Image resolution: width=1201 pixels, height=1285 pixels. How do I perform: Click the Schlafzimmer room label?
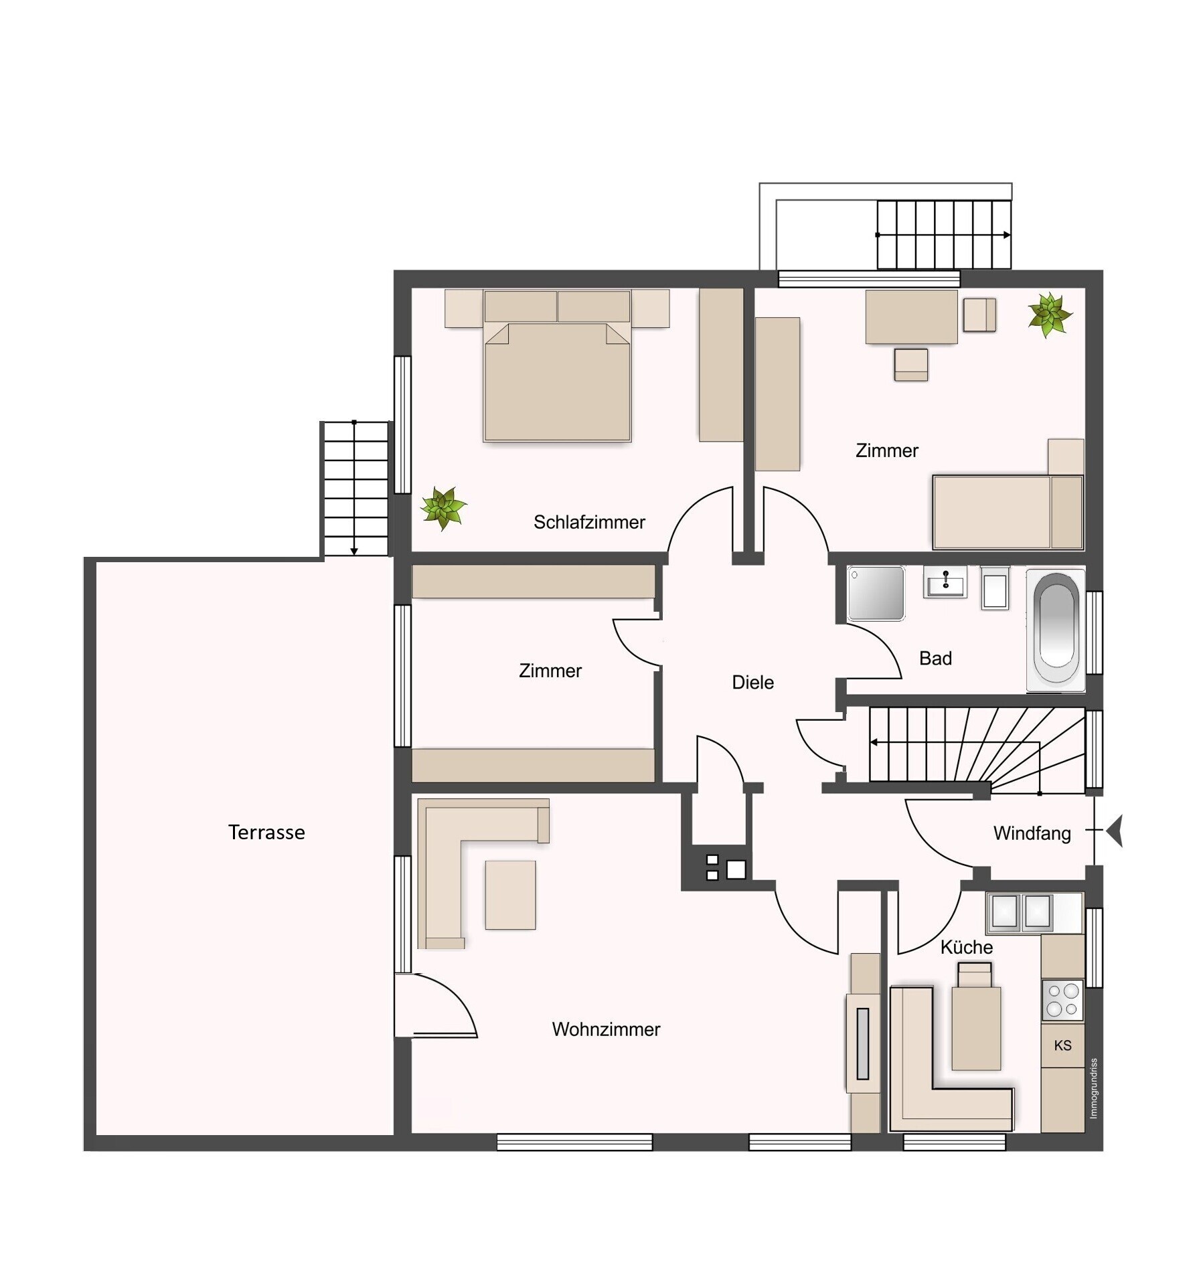point(589,522)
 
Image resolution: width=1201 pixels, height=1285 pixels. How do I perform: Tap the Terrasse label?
point(266,832)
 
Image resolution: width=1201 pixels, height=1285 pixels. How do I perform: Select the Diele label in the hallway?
point(752,682)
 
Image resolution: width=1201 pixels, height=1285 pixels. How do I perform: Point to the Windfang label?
point(1032,833)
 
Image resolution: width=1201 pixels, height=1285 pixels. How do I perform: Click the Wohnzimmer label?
point(606,1029)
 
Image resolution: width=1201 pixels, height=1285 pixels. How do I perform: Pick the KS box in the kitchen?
point(1062,1045)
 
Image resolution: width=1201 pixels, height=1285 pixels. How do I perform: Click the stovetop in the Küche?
point(1062,1000)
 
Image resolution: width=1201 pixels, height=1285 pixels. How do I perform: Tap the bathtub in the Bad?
point(1056,628)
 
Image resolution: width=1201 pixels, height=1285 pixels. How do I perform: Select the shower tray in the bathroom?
point(876,593)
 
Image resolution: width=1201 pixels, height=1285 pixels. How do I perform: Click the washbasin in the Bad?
point(945,581)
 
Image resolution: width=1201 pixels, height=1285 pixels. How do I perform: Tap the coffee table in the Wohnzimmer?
point(510,895)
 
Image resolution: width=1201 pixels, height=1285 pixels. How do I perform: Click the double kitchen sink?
point(1022,912)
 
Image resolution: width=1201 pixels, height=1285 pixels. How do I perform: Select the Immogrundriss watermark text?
point(1093,1088)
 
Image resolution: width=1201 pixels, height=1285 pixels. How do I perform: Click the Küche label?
point(966,947)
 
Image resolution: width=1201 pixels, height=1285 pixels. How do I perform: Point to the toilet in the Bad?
point(995,587)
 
